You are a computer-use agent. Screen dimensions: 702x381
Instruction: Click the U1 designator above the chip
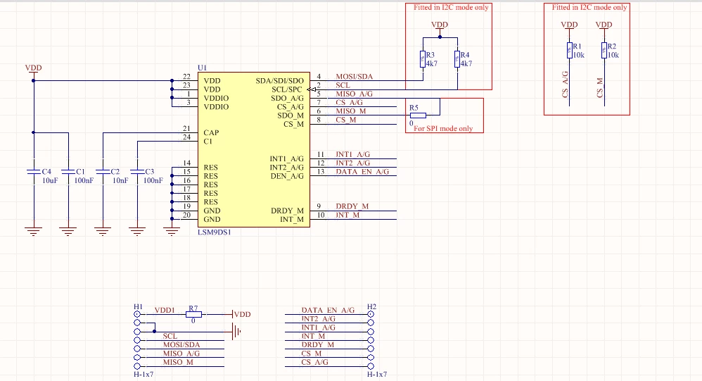pyautogui.click(x=202, y=68)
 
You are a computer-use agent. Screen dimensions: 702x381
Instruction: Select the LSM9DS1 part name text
pyautogui.click(x=215, y=232)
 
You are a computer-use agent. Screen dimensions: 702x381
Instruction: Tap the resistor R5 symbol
pyautogui.click(x=418, y=115)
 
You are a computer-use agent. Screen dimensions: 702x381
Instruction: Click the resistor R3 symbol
pyautogui.click(x=423, y=59)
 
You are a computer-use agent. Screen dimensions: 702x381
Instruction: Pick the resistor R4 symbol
pyautogui.click(x=457, y=59)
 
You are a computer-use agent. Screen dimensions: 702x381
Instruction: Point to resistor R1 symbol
pyautogui.click(x=570, y=51)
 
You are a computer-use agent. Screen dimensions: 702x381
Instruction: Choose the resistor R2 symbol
pyautogui.click(x=604, y=51)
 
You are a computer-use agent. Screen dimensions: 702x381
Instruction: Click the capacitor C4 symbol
pyautogui.click(x=34, y=172)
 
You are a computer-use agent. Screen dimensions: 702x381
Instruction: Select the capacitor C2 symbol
pyautogui.click(x=103, y=172)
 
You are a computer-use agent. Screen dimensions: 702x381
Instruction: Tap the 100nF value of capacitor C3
pyautogui.click(x=153, y=180)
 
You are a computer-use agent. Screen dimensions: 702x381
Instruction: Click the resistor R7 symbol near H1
pyautogui.click(x=193, y=315)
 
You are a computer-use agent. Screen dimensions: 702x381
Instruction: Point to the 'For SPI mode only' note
pyautogui.click(x=443, y=129)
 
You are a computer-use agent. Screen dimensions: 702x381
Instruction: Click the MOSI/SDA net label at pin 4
pyautogui.click(x=354, y=77)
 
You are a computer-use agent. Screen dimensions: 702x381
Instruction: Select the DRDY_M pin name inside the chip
pyautogui.click(x=287, y=211)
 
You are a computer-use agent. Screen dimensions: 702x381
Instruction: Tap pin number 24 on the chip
pyautogui.click(x=186, y=137)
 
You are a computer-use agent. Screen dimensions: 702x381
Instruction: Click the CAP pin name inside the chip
pyautogui.click(x=211, y=132)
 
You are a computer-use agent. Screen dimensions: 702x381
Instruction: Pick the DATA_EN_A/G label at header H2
pyautogui.click(x=328, y=310)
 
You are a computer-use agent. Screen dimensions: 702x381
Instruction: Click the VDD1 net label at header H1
pyautogui.click(x=165, y=310)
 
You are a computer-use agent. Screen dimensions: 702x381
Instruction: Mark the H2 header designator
pyautogui.click(x=371, y=307)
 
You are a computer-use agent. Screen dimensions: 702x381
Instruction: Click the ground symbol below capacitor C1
pyautogui.click(x=68, y=231)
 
